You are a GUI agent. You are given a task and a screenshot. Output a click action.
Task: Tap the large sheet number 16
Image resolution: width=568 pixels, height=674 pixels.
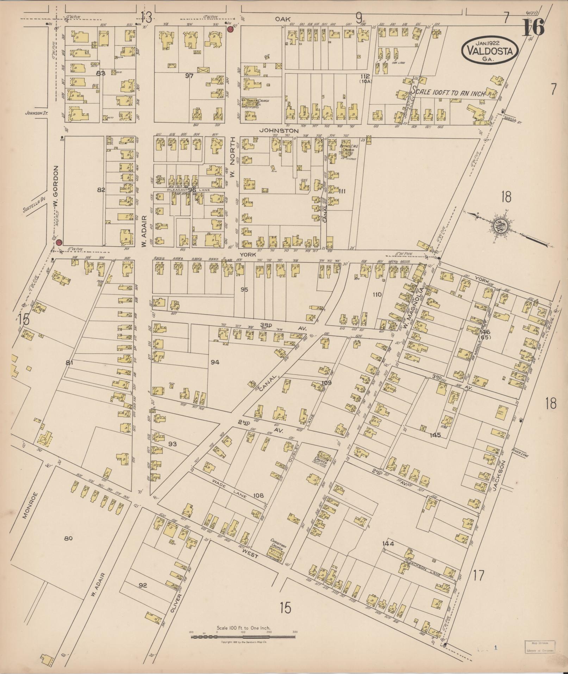(533, 27)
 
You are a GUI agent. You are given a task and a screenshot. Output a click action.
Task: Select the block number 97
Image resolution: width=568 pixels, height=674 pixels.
(189, 75)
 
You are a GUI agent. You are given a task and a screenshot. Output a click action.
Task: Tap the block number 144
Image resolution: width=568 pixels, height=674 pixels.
(388, 554)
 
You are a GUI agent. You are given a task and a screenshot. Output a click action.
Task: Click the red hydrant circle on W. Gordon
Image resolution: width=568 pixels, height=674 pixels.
(59, 242)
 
